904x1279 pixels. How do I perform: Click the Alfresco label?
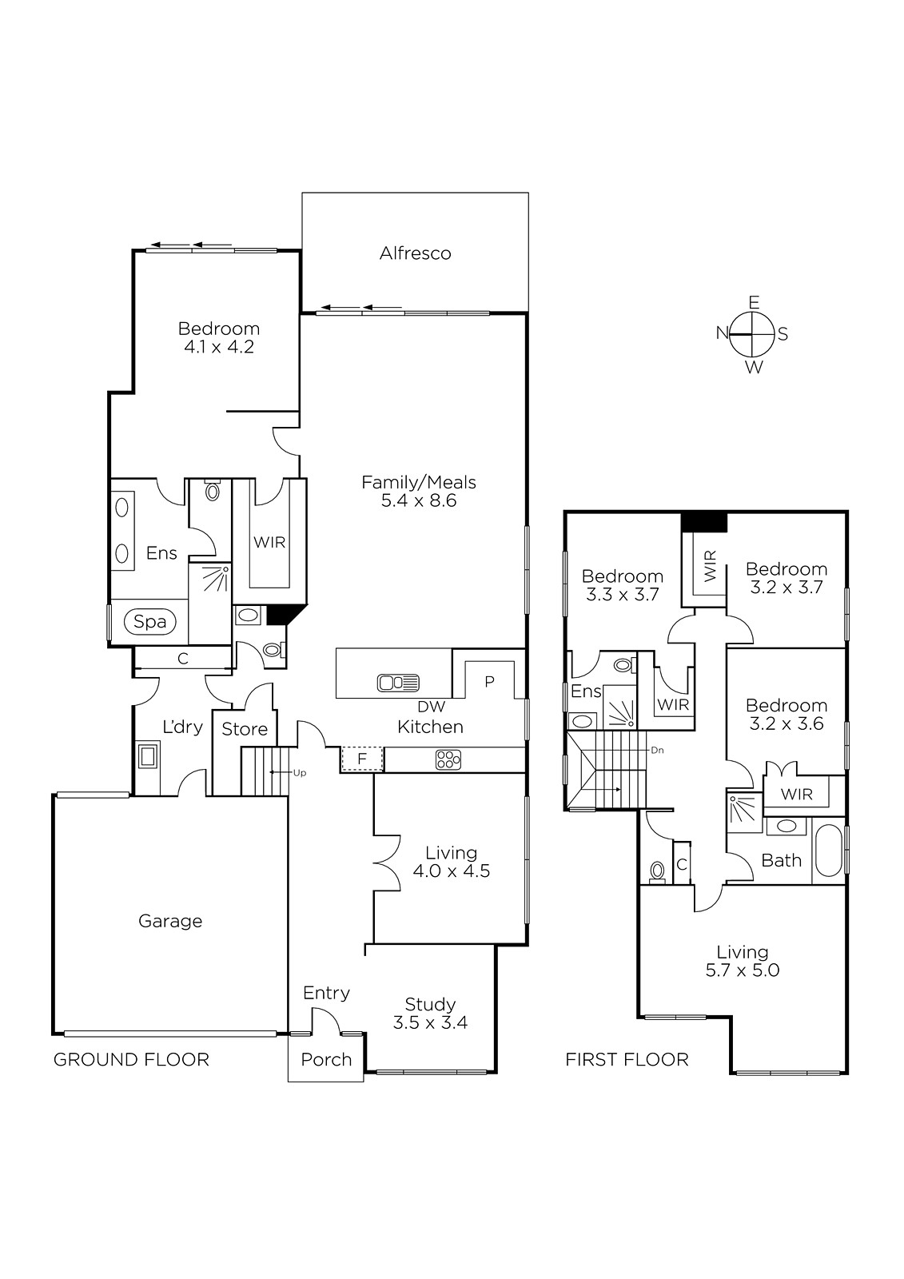(415, 253)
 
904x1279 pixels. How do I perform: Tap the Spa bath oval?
(149, 621)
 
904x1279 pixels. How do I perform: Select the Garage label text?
(170, 921)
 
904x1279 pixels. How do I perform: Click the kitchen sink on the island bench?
(398, 683)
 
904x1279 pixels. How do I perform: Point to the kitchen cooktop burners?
(448, 759)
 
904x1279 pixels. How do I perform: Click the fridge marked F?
(361, 759)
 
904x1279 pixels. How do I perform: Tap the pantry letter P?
(489, 681)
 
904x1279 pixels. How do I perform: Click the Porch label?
(326, 1060)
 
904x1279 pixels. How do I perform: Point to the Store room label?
(245, 729)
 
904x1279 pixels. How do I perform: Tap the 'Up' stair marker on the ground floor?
(300, 773)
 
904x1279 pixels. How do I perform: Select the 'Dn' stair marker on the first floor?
(657, 751)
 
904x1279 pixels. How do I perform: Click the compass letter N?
(723, 333)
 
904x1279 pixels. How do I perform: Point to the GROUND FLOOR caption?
(131, 1060)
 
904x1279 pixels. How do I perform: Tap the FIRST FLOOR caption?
(627, 1060)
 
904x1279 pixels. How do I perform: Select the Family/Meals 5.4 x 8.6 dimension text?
(419, 500)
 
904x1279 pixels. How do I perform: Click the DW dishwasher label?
(431, 707)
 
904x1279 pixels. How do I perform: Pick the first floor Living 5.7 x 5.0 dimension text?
(743, 970)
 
